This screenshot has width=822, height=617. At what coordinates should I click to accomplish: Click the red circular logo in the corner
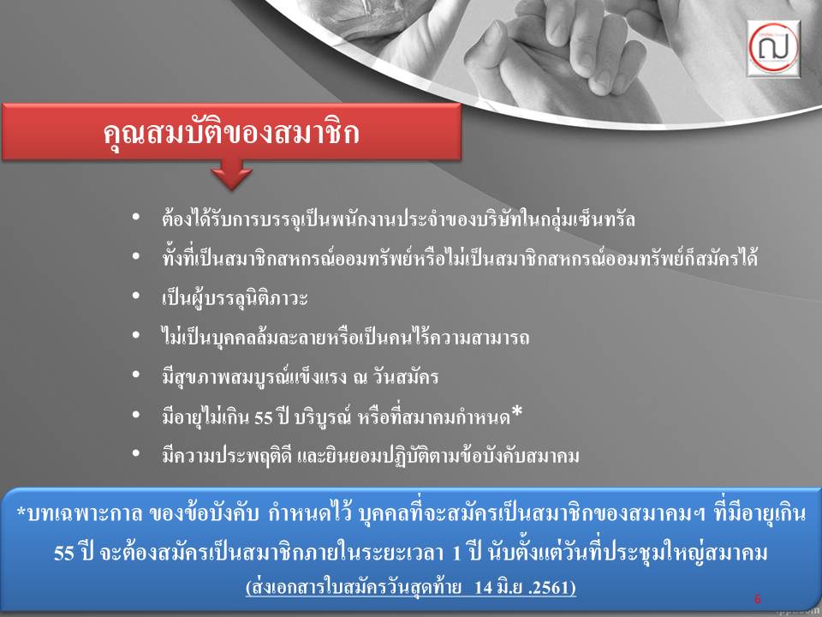tap(773, 48)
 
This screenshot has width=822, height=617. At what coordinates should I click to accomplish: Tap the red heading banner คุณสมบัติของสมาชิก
tap(231, 131)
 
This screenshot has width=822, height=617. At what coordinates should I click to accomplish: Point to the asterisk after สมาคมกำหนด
tap(516, 412)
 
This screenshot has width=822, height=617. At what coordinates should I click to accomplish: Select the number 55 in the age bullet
tap(263, 417)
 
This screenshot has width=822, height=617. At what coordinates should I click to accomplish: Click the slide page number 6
tap(757, 599)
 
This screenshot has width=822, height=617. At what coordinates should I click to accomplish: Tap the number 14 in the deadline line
tap(483, 587)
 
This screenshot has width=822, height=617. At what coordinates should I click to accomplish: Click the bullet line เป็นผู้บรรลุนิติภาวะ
tap(235, 298)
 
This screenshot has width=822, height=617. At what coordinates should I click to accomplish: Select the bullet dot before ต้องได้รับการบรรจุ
tap(136, 216)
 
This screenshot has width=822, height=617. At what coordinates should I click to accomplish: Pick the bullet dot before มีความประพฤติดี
tap(136, 452)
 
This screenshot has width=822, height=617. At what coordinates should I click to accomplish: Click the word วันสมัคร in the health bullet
tap(405, 377)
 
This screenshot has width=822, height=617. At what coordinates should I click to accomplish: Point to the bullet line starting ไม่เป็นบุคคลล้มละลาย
tap(345, 337)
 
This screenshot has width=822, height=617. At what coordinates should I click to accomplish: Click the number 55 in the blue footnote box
tap(64, 553)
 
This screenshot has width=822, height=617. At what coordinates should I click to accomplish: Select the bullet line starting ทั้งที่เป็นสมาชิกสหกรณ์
tap(460, 258)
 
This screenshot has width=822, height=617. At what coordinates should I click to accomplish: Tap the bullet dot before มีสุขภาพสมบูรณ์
tap(136, 374)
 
